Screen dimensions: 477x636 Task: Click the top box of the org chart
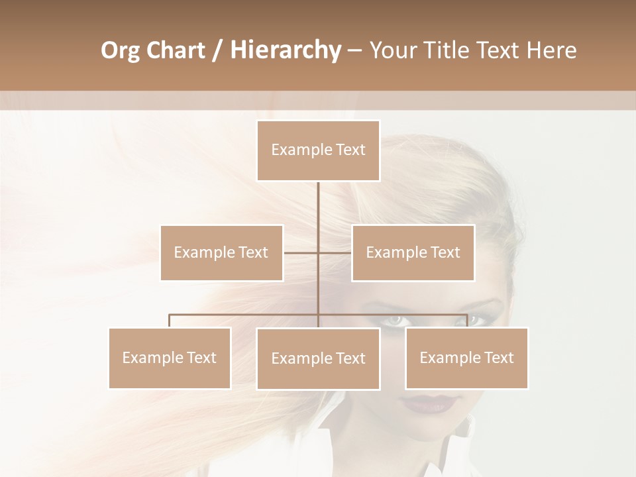point(318,150)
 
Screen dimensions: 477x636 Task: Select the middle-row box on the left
point(221,252)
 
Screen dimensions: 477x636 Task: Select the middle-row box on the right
point(413,252)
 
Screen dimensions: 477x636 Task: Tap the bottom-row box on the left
point(170,358)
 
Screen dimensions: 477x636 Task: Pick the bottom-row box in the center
point(318,358)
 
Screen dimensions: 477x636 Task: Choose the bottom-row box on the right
point(466,358)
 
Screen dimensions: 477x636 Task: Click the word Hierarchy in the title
point(285,50)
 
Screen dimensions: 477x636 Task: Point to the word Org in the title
point(121,50)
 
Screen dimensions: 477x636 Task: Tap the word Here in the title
point(551,50)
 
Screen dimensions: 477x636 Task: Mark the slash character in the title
point(217,50)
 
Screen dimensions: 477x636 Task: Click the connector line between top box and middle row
point(318,205)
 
